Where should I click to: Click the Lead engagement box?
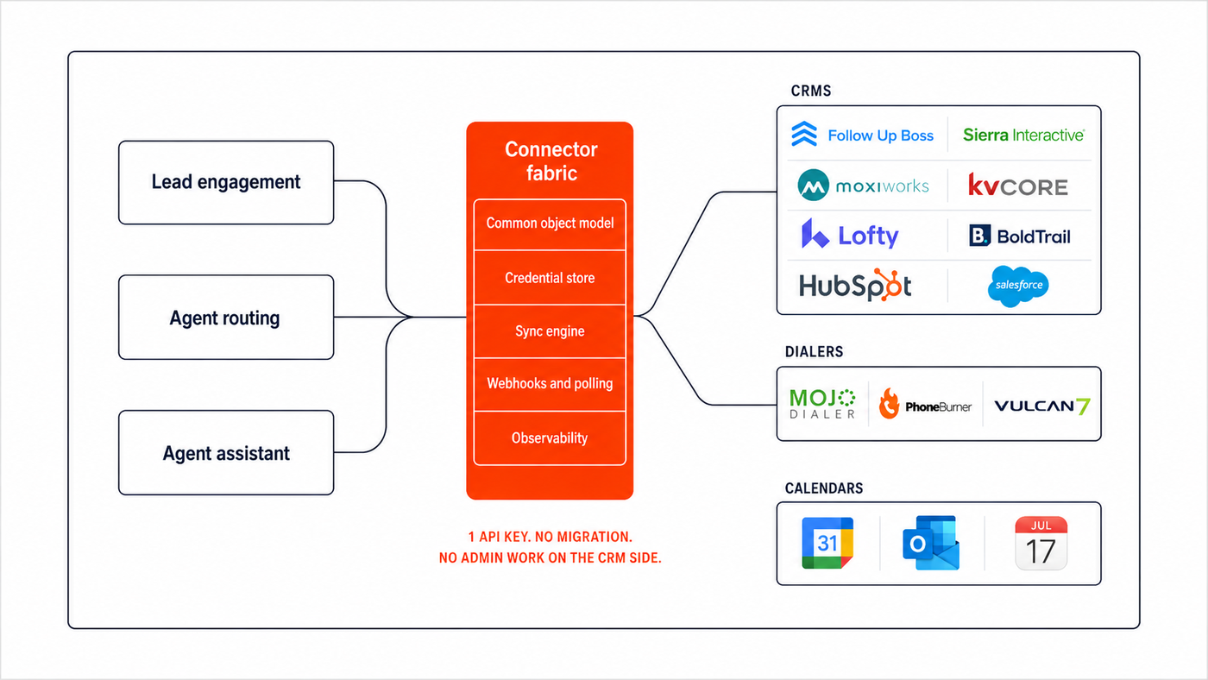tap(226, 182)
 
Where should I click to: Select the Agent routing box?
tap(226, 317)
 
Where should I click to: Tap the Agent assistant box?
tap(226, 452)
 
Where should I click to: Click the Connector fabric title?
tap(551, 161)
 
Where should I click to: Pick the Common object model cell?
tap(550, 224)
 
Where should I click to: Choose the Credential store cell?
tap(550, 278)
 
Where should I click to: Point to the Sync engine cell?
tap(550, 331)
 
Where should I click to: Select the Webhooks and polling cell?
tap(550, 384)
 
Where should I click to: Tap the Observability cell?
tap(550, 438)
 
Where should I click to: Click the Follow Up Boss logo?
tap(862, 135)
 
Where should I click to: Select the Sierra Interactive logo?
tap(1023, 135)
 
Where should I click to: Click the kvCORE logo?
tap(1017, 185)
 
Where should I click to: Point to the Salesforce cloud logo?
tap(1018, 286)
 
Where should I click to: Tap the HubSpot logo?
tap(855, 286)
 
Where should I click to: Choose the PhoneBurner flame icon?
tap(889, 403)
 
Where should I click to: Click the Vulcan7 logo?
tap(1042, 406)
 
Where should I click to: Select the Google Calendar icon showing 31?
tap(827, 543)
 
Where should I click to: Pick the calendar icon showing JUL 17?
tap(1041, 543)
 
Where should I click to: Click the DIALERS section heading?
tap(814, 352)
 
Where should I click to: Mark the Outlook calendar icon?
tap(931, 543)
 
